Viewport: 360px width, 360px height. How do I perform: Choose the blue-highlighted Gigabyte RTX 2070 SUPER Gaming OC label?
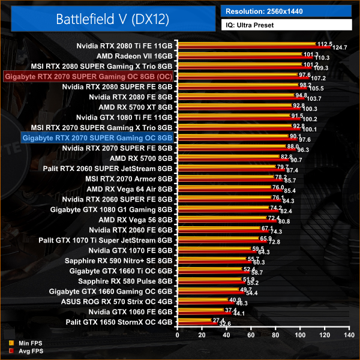pyautogui.click(x=97, y=137)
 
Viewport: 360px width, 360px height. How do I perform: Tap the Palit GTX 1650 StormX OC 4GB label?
pyautogui.click(x=123, y=322)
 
